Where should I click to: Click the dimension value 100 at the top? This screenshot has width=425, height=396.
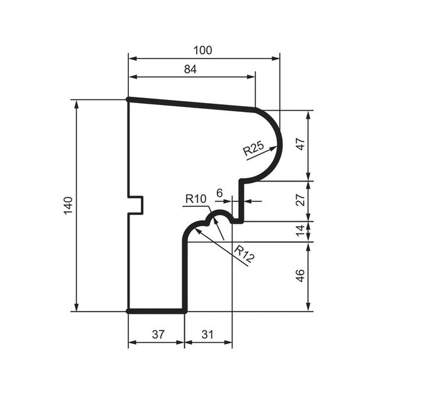tap(202, 50)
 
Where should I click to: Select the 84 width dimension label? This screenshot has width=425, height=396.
tap(190, 69)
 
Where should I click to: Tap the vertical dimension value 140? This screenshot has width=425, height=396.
tap(68, 206)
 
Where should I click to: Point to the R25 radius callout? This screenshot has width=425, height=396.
tap(253, 148)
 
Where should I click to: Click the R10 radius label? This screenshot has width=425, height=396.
tap(196, 199)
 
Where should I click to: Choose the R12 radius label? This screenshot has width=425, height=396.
tap(244, 254)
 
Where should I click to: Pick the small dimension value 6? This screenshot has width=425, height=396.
tap(219, 193)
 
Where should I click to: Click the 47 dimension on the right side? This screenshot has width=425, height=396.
tap(301, 144)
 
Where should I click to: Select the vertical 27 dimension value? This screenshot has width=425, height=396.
tap(301, 200)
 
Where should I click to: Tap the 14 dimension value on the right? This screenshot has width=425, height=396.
tap(301, 231)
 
